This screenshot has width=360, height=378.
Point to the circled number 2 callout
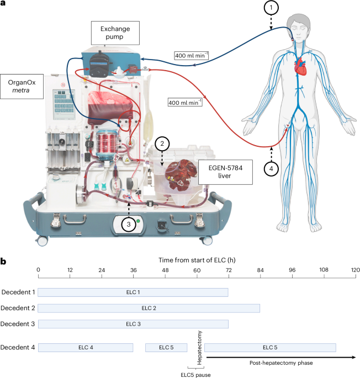coord(161,144)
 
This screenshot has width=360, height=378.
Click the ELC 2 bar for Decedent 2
coord(149,307)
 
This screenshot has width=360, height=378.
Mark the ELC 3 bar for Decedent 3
coord(133,323)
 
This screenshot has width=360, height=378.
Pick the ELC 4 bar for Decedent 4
coord(86,347)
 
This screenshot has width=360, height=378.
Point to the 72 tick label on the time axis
coord(229,270)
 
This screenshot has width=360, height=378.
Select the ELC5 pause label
coord(196,373)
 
